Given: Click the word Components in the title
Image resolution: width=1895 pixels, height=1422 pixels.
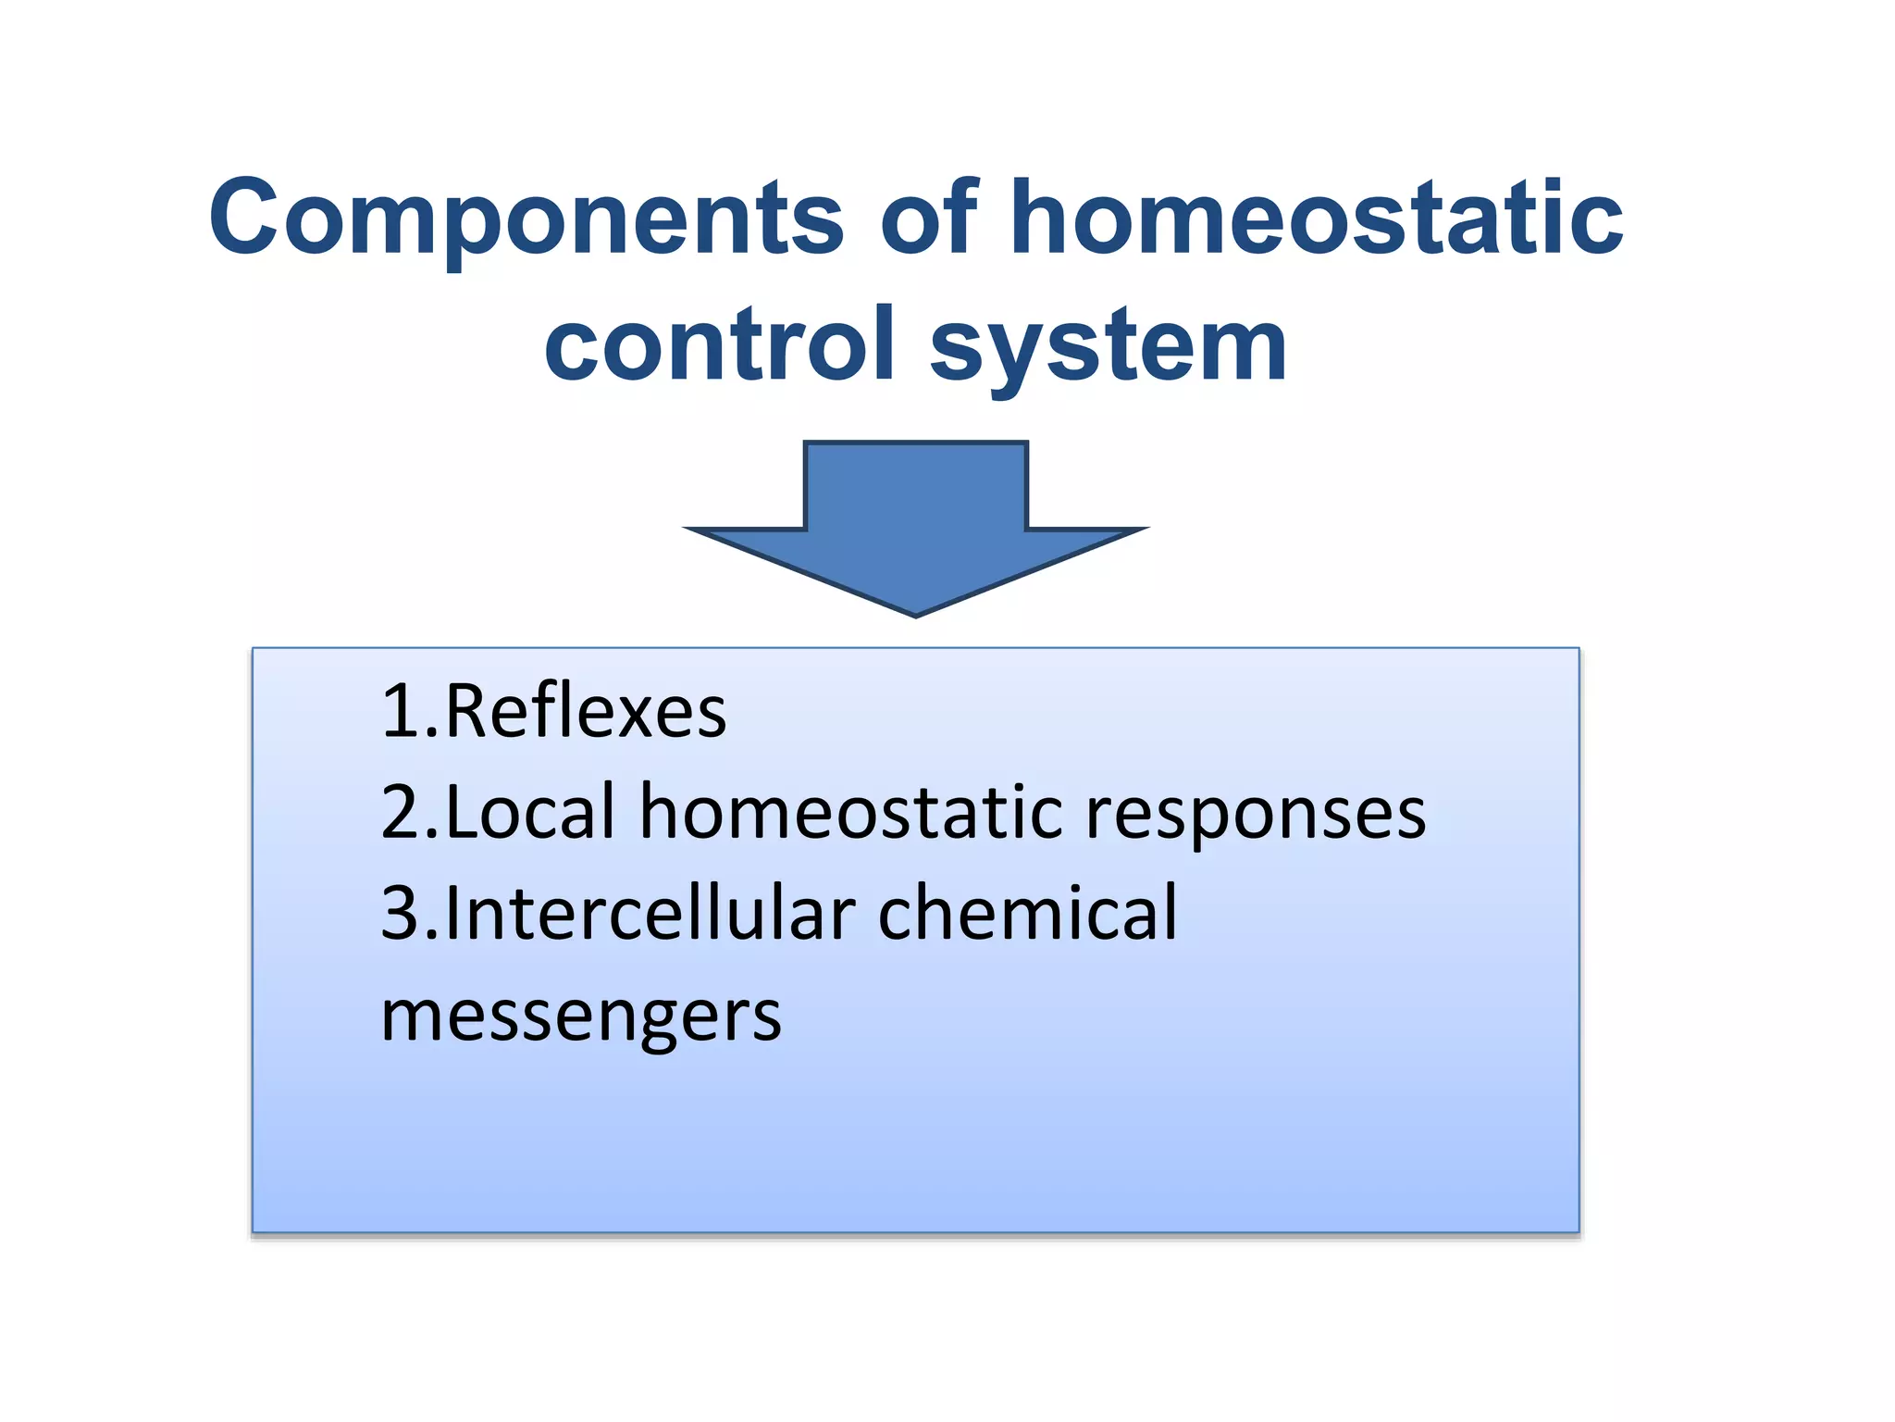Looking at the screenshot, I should click(526, 218).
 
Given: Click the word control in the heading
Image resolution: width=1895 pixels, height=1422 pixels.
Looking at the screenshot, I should click(720, 344).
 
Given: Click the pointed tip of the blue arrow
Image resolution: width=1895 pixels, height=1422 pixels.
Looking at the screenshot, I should click(916, 612).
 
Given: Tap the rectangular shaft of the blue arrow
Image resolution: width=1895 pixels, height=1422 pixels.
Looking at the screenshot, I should click(916, 487).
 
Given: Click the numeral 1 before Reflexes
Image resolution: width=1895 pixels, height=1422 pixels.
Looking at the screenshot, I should click(400, 711).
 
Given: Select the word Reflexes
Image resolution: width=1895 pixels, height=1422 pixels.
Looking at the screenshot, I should click(586, 711).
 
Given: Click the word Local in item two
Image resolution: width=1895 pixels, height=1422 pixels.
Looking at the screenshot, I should click(530, 812).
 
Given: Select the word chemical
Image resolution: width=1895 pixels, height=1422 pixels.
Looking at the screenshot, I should click(1027, 914).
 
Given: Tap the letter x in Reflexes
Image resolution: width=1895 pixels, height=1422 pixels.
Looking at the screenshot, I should click(630, 715).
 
